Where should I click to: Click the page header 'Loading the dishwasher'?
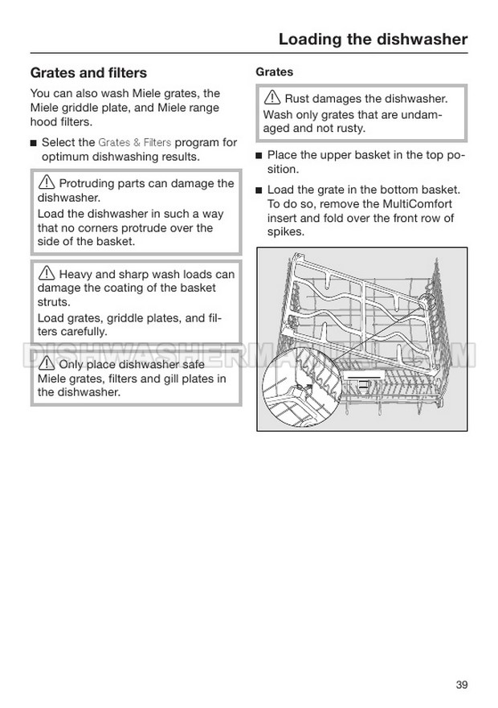(372, 39)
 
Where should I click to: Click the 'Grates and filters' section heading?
(88, 72)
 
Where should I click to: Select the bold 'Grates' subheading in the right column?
(274, 72)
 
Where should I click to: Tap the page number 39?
(461, 662)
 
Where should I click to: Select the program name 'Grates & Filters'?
(135, 142)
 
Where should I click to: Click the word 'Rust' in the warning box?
(299, 99)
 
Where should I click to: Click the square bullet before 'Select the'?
(34, 143)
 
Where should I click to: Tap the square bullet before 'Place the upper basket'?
(259, 155)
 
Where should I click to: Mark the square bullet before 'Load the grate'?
(259, 190)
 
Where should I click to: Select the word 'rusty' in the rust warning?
(346, 128)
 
